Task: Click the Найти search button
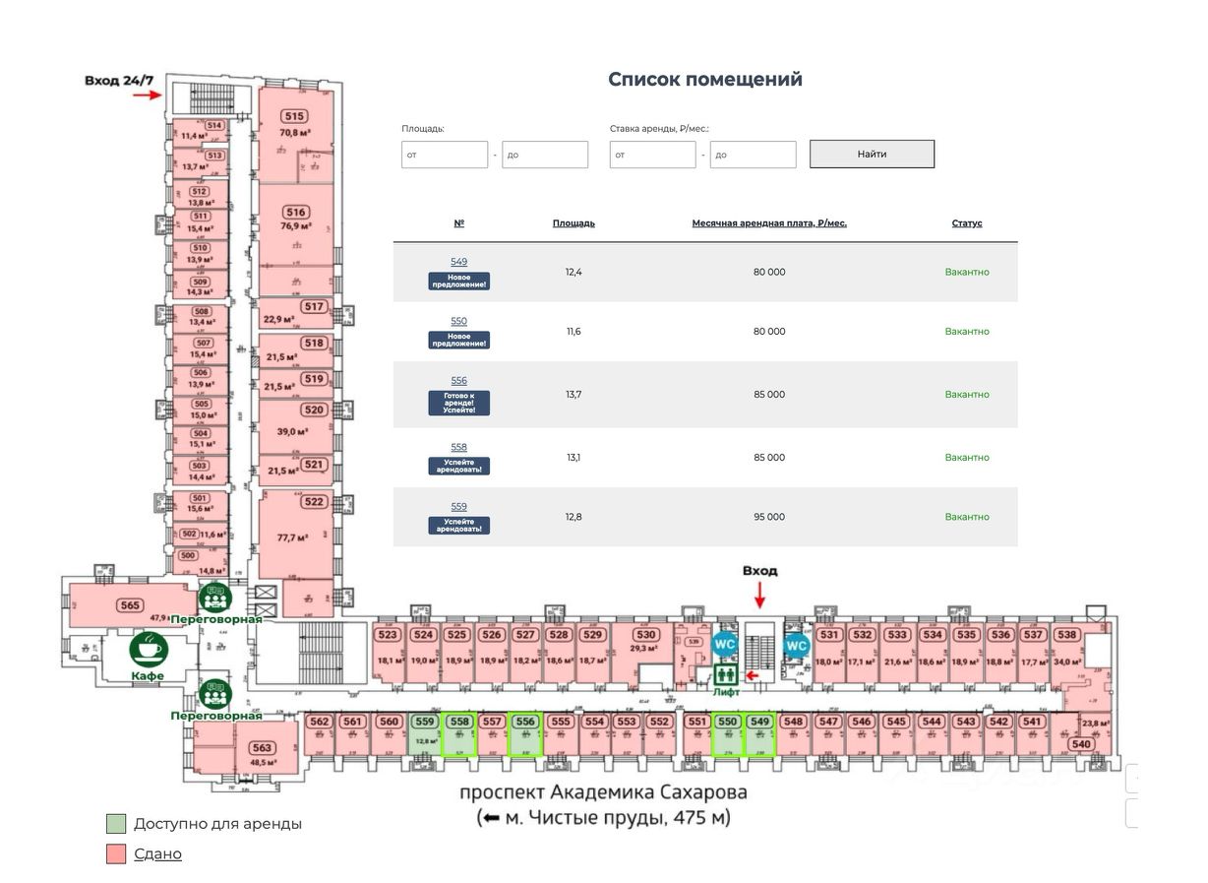(x=872, y=154)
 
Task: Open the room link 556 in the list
(x=458, y=381)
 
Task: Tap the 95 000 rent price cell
(x=768, y=517)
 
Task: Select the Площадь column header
(x=574, y=223)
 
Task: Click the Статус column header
(x=966, y=223)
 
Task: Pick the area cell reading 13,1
(x=574, y=458)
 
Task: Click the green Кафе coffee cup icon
(x=150, y=650)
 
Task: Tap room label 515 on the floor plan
(x=293, y=116)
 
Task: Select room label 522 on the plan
(x=313, y=502)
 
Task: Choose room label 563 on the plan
(x=262, y=747)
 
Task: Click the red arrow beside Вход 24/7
(x=147, y=95)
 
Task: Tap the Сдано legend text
(x=157, y=853)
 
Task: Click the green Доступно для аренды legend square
(x=116, y=824)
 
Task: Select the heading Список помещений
(x=704, y=80)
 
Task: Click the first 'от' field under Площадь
(x=444, y=155)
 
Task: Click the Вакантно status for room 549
(x=966, y=272)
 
